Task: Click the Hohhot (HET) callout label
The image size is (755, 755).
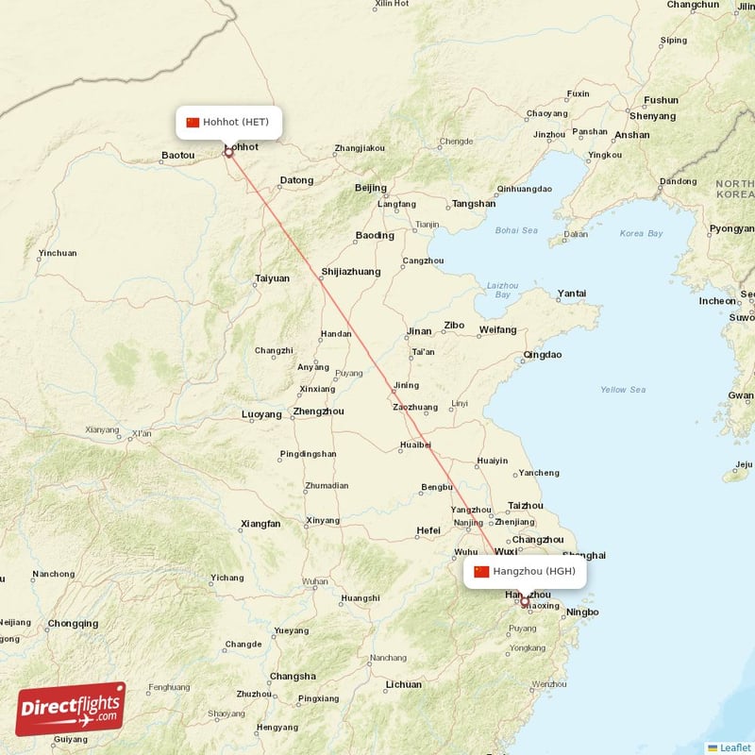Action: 228,122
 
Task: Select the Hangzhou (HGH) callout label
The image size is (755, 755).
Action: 525,571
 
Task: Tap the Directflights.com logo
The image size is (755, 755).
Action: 71,710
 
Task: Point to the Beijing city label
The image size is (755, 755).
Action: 371,188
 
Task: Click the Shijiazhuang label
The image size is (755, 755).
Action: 350,272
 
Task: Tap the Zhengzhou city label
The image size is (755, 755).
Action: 318,411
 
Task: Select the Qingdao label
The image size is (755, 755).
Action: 542,355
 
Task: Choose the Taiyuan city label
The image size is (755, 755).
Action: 272,278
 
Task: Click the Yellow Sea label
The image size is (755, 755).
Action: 623,390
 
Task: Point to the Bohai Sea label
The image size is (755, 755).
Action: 515,230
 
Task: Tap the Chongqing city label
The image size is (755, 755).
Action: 73,624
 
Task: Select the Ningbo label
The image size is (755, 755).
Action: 582,612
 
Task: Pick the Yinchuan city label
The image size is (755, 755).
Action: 58,254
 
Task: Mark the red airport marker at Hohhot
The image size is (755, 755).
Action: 227,151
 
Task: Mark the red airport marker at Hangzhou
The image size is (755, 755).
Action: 525,601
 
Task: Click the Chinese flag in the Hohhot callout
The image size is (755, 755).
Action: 193,122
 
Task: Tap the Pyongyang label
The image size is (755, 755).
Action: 732,228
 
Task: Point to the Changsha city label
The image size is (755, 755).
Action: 293,676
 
